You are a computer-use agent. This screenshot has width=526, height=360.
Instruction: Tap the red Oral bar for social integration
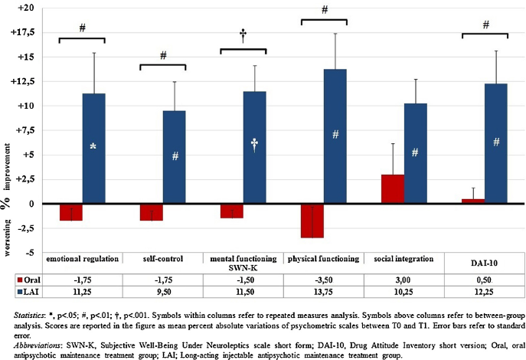(x=393, y=189)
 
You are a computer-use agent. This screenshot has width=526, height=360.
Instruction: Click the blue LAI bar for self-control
(x=175, y=157)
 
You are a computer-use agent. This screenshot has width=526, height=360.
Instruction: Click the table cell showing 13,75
(x=323, y=292)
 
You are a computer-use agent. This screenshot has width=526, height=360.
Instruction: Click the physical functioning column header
(x=323, y=258)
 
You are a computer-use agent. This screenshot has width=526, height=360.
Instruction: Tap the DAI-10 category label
(x=484, y=261)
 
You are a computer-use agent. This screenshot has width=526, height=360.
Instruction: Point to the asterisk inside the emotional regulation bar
(x=93, y=146)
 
